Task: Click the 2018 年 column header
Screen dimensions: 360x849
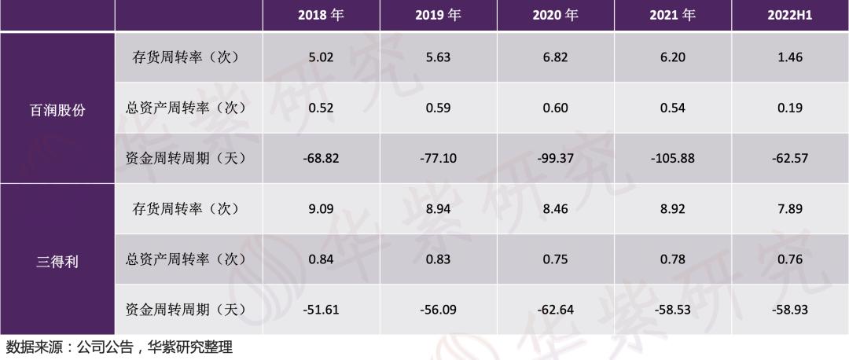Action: click(321, 16)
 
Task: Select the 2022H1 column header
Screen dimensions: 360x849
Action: click(790, 16)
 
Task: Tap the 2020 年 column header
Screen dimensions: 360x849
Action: click(555, 16)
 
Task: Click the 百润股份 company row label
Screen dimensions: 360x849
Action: click(57, 110)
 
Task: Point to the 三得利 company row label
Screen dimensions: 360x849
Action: click(57, 262)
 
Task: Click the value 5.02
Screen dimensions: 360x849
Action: click(321, 57)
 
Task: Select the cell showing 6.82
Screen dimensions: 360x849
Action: click(555, 57)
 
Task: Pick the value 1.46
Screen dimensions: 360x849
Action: click(790, 57)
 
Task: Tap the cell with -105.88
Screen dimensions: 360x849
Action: click(672, 158)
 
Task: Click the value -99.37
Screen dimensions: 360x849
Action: click(555, 158)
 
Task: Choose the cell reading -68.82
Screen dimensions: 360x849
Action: click(321, 158)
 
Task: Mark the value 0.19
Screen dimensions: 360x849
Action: click(790, 108)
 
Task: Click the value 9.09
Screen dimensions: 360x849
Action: click(321, 209)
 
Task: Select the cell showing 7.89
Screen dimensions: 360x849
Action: click(790, 209)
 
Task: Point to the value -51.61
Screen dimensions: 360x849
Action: click(321, 310)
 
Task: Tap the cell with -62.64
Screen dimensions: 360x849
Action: click(555, 310)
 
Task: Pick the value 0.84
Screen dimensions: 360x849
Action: click(321, 259)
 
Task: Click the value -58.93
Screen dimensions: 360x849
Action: click(790, 310)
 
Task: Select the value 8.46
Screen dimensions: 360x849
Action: click(555, 209)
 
